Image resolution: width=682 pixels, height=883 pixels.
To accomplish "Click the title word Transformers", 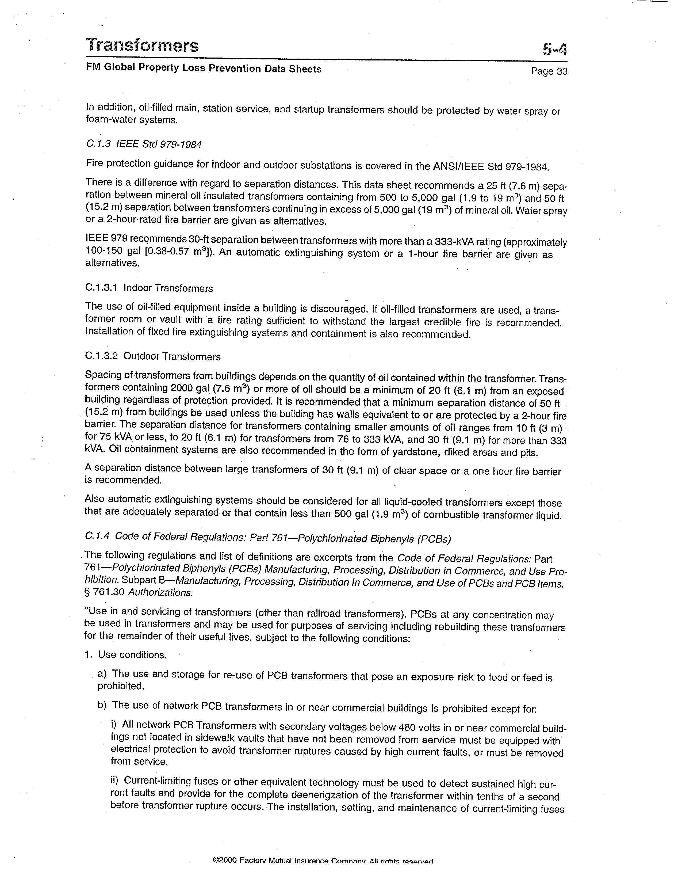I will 142,45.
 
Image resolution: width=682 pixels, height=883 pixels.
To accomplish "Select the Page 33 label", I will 549,71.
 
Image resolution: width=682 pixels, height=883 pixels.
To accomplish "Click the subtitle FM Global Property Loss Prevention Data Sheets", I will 203,68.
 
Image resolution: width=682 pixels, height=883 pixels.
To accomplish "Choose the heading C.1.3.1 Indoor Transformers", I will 149,288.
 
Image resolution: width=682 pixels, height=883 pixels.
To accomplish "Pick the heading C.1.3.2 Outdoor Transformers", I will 153,356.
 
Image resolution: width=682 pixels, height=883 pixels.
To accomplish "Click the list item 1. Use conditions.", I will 126,654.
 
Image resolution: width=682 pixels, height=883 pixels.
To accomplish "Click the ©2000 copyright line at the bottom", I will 323,873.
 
